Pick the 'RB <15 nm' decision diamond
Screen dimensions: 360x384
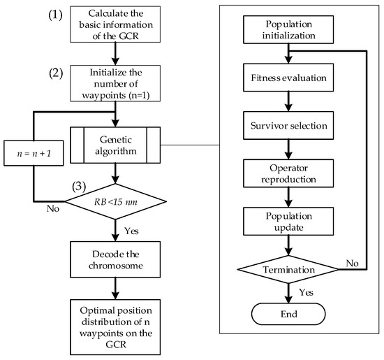115,203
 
